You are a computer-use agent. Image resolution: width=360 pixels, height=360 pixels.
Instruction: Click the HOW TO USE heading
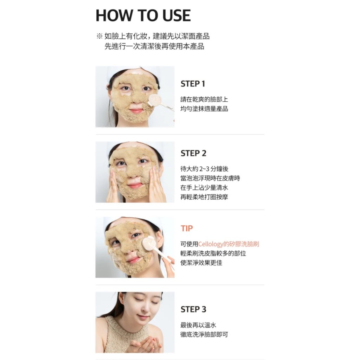(x=143, y=15)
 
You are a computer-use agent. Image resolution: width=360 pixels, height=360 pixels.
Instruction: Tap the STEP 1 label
(x=193, y=84)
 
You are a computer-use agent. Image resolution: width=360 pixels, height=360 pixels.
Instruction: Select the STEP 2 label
(x=193, y=153)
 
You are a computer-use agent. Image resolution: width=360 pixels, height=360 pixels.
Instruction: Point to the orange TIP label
(x=187, y=228)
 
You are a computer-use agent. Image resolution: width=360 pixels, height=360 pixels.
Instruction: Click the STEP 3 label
(x=193, y=309)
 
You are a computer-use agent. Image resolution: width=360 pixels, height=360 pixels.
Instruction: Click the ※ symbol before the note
(x=99, y=36)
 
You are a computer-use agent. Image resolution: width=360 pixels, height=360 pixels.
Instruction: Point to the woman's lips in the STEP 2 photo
(x=135, y=186)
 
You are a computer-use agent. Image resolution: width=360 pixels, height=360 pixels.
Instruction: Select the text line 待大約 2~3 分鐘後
(x=204, y=169)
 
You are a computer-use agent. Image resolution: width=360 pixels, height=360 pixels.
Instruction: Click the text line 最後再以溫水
(x=198, y=325)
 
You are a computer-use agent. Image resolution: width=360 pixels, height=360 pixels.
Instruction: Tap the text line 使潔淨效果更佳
(x=201, y=263)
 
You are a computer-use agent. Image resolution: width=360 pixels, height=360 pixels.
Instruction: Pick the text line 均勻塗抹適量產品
(x=204, y=109)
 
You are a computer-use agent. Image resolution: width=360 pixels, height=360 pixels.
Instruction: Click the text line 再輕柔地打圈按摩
(x=204, y=197)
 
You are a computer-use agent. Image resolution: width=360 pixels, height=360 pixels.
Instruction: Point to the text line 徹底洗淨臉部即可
(x=204, y=335)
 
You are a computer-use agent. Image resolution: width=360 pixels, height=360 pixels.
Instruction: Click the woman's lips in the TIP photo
(x=133, y=260)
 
